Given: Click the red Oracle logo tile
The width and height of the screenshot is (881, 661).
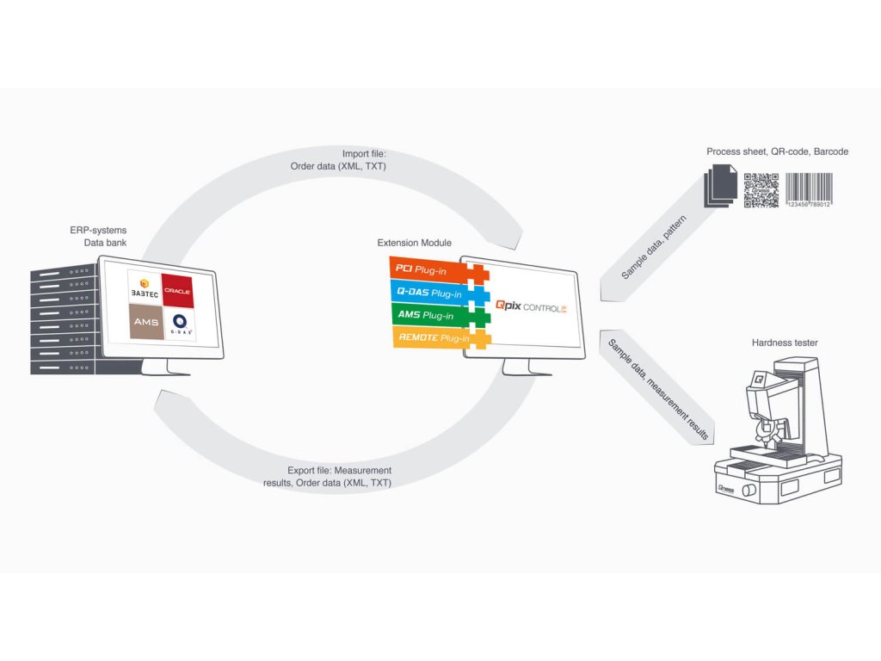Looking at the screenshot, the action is click(x=177, y=291).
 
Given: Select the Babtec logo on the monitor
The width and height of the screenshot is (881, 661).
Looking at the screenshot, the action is click(x=145, y=287).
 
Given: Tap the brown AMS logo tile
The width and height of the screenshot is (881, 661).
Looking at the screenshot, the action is click(x=146, y=322).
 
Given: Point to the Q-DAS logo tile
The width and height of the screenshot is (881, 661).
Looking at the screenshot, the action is click(x=180, y=324).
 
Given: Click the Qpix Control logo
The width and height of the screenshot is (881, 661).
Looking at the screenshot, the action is click(x=531, y=307).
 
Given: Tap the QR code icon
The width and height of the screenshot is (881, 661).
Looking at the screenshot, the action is click(x=761, y=190).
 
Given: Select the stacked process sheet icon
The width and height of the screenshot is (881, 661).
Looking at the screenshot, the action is click(x=720, y=186).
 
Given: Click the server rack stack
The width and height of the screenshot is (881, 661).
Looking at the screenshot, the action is click(x=64, y=319).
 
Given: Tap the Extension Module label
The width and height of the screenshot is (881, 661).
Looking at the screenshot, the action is click(x=414, y=243).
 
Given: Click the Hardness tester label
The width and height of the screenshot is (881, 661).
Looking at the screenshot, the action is click(x=785, y=343).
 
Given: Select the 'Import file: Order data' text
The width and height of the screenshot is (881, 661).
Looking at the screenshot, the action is click(x=338, y=160).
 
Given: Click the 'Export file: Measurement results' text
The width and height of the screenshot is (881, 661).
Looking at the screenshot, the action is click(x=327, y=477).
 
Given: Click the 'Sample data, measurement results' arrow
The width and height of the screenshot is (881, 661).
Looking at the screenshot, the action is click(x=657, y=388).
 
